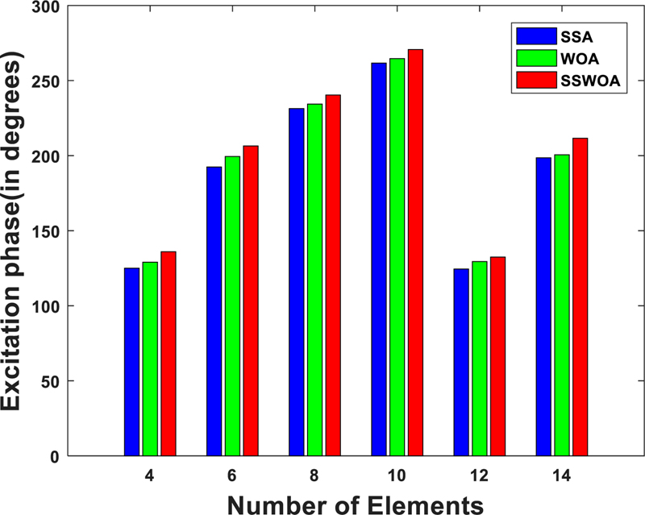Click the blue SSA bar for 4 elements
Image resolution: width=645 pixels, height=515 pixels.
(131, 362)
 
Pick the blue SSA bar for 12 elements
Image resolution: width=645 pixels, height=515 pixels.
(461, 362)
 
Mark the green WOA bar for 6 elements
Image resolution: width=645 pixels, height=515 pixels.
(232, 306)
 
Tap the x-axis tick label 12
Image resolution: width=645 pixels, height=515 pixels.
(479, 476)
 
